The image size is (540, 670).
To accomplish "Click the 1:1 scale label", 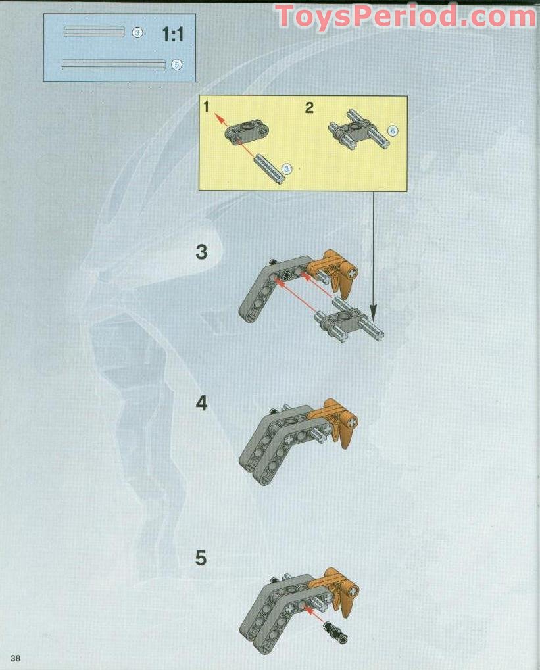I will [172, 35].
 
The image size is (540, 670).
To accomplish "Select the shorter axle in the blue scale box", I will [94, 32].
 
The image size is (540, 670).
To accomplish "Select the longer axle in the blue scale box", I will [113, 64].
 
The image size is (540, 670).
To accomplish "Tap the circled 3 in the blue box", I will [137, 32].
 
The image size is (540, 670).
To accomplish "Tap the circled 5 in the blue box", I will [176, 64].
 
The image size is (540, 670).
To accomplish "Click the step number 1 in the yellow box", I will [207, 108].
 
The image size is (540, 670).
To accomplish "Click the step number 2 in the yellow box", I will [309, 108].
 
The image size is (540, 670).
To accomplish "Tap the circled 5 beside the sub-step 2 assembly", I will [393, 132].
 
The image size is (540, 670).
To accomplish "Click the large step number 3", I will [201, 252].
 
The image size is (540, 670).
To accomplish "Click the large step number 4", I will [201, 403].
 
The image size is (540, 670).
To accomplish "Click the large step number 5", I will [201, 558].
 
